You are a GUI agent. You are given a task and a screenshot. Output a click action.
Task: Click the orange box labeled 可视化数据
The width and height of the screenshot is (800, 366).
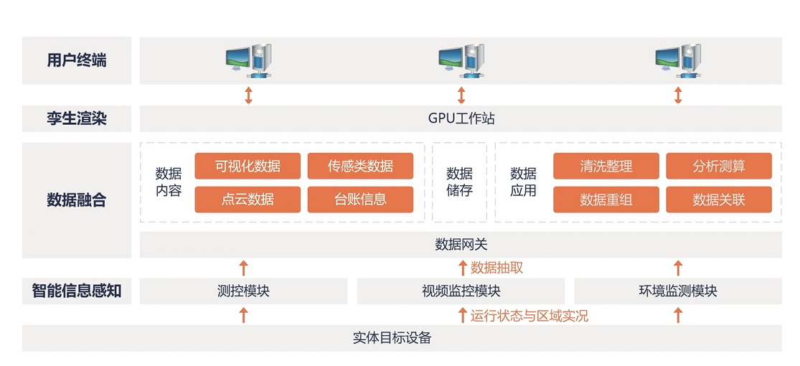coord(248,166)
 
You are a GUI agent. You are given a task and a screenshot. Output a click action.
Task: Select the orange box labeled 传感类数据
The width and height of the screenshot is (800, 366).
coord(360,166)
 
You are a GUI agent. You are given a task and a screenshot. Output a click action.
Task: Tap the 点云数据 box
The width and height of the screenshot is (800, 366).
coord(248,200)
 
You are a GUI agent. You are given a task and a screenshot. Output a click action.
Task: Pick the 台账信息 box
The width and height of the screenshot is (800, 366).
coord(360,200)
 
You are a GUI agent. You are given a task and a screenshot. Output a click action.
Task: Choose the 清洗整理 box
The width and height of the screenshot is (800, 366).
coord(606,166)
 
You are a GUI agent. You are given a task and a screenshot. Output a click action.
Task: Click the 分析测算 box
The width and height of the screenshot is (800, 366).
coord(719,166)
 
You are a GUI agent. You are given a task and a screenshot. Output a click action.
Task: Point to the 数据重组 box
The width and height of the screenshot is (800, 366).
coord(606,200)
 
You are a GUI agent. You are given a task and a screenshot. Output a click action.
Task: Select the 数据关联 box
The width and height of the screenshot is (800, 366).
coord(719,200)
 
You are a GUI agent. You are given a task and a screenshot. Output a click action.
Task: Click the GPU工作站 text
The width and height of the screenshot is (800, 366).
coord(461,118)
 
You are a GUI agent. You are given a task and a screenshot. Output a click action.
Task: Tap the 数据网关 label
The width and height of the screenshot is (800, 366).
coord(461,245)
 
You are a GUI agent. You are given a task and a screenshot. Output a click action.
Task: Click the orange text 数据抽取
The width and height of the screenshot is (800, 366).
coord(497,268)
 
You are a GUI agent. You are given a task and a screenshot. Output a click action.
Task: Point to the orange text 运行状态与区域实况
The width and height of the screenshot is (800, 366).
coord(530,315)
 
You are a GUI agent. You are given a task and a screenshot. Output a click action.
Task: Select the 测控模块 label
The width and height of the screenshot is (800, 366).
coord(243,291)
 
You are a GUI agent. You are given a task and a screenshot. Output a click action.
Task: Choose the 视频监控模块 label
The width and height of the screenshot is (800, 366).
coord(461,291)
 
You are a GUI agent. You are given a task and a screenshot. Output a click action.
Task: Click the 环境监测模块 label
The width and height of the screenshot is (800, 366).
coord(678,291)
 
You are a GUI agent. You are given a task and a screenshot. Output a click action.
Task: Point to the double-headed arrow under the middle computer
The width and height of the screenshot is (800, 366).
coord(461,95)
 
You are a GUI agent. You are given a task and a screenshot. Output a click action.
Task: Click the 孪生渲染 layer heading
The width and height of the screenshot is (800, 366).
coord(77,118)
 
